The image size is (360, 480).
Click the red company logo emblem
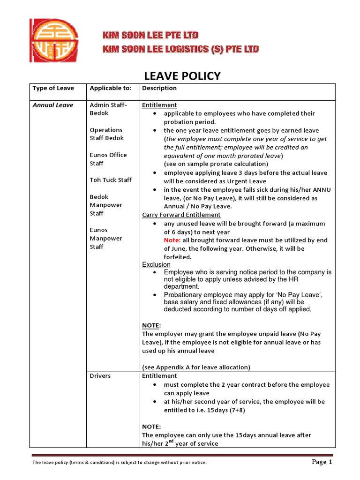54,40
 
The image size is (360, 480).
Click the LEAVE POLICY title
181,76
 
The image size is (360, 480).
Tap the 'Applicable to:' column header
111,88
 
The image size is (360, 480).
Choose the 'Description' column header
159,88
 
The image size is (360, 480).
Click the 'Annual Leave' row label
53,105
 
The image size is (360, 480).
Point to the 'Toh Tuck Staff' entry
111,180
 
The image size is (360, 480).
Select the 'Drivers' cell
100,376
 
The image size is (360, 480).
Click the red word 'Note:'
172,240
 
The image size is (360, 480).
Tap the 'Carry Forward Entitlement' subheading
181,215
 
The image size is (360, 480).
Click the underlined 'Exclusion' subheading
157,265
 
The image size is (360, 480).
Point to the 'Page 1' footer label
322,462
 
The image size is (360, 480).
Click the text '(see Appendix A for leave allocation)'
196,367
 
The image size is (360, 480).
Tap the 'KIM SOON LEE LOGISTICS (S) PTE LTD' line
180,49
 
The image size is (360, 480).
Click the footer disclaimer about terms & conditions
119,463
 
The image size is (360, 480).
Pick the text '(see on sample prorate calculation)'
216,164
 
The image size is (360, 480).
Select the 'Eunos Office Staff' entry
108,159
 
